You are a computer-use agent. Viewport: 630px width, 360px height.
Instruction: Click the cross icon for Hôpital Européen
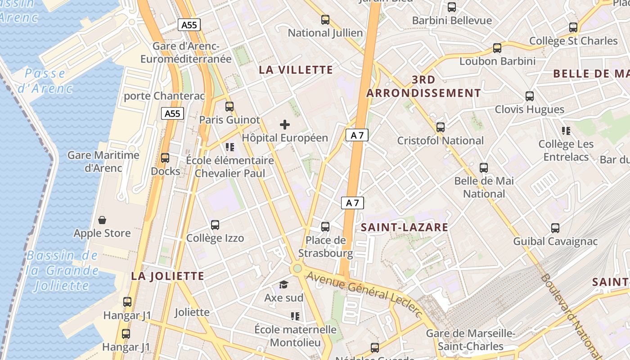point(285,125)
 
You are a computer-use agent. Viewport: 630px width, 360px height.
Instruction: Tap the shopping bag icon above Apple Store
point(102,220)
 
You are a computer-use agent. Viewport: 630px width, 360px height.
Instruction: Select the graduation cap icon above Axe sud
point(283,284)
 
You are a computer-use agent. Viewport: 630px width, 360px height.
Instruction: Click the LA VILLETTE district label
point(296,70)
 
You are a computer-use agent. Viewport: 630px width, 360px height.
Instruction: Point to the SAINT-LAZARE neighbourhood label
point(405,227)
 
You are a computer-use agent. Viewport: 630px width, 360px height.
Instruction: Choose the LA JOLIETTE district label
point(167,276)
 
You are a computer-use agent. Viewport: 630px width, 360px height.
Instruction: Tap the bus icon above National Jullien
point(325,20)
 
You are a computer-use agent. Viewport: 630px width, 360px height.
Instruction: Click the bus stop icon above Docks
point(165,158)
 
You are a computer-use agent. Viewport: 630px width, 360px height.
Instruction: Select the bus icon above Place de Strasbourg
point(325,227)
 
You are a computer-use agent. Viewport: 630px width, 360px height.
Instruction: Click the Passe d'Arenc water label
point(45,81)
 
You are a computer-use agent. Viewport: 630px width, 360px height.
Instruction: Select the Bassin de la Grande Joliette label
point(62,270)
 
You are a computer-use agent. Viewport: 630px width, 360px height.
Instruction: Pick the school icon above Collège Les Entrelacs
point(566,131)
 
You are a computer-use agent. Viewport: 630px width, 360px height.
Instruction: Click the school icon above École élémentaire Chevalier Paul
point(230,147)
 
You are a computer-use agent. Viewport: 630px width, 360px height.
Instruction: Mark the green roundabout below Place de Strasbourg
point(297,269)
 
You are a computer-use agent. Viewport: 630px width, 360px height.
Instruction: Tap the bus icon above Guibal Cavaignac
point(555,228)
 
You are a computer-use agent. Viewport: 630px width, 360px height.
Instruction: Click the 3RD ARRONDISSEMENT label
point(423,86)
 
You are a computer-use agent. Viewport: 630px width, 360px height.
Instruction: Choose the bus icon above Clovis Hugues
point(530,96)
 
